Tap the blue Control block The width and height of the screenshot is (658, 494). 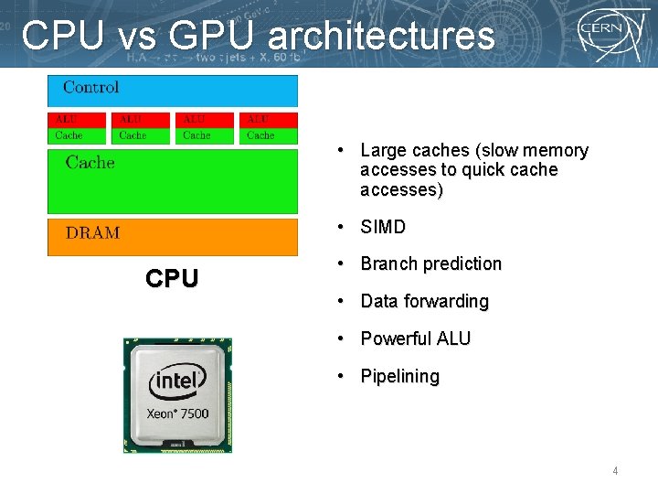pyautogui.click(x=172, y=91)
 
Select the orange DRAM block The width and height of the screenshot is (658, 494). pyautogui.click(x=172, y=236)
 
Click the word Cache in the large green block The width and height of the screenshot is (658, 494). pyautogui.click(x=90, y=163)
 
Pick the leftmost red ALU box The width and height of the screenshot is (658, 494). pyautogui.click(x=77, y=119)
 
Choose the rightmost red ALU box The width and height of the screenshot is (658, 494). pyautogui.click(x=269, y=119)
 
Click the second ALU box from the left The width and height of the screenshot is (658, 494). pyautogui.click(x=141, y=119)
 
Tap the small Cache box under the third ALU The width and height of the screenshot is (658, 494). pyautogui.click(x=205, y=135)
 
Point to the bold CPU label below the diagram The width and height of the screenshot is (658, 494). pyautogui.click(x=172, y=279)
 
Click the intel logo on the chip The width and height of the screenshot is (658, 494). pyautogui.click(x=178, y=381)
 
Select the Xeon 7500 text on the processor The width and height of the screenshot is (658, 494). pyautogui.click(x=178, y=413)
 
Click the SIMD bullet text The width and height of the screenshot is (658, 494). pyautogui.click(x=383, y=227)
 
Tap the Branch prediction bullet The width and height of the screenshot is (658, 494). pyautogui.click(x=430, y=264)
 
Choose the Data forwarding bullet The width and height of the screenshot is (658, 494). pyautogui.click(x=424, y=302)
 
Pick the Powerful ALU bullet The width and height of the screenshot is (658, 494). pyautogui.click(x=415, y=339)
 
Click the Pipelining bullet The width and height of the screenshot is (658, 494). pyautogui.click(x=399, y=377)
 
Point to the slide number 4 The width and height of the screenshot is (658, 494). pyautogui.click(x=615, y=471)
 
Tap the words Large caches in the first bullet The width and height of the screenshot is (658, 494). pyautogui.click(x=416, y=150)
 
